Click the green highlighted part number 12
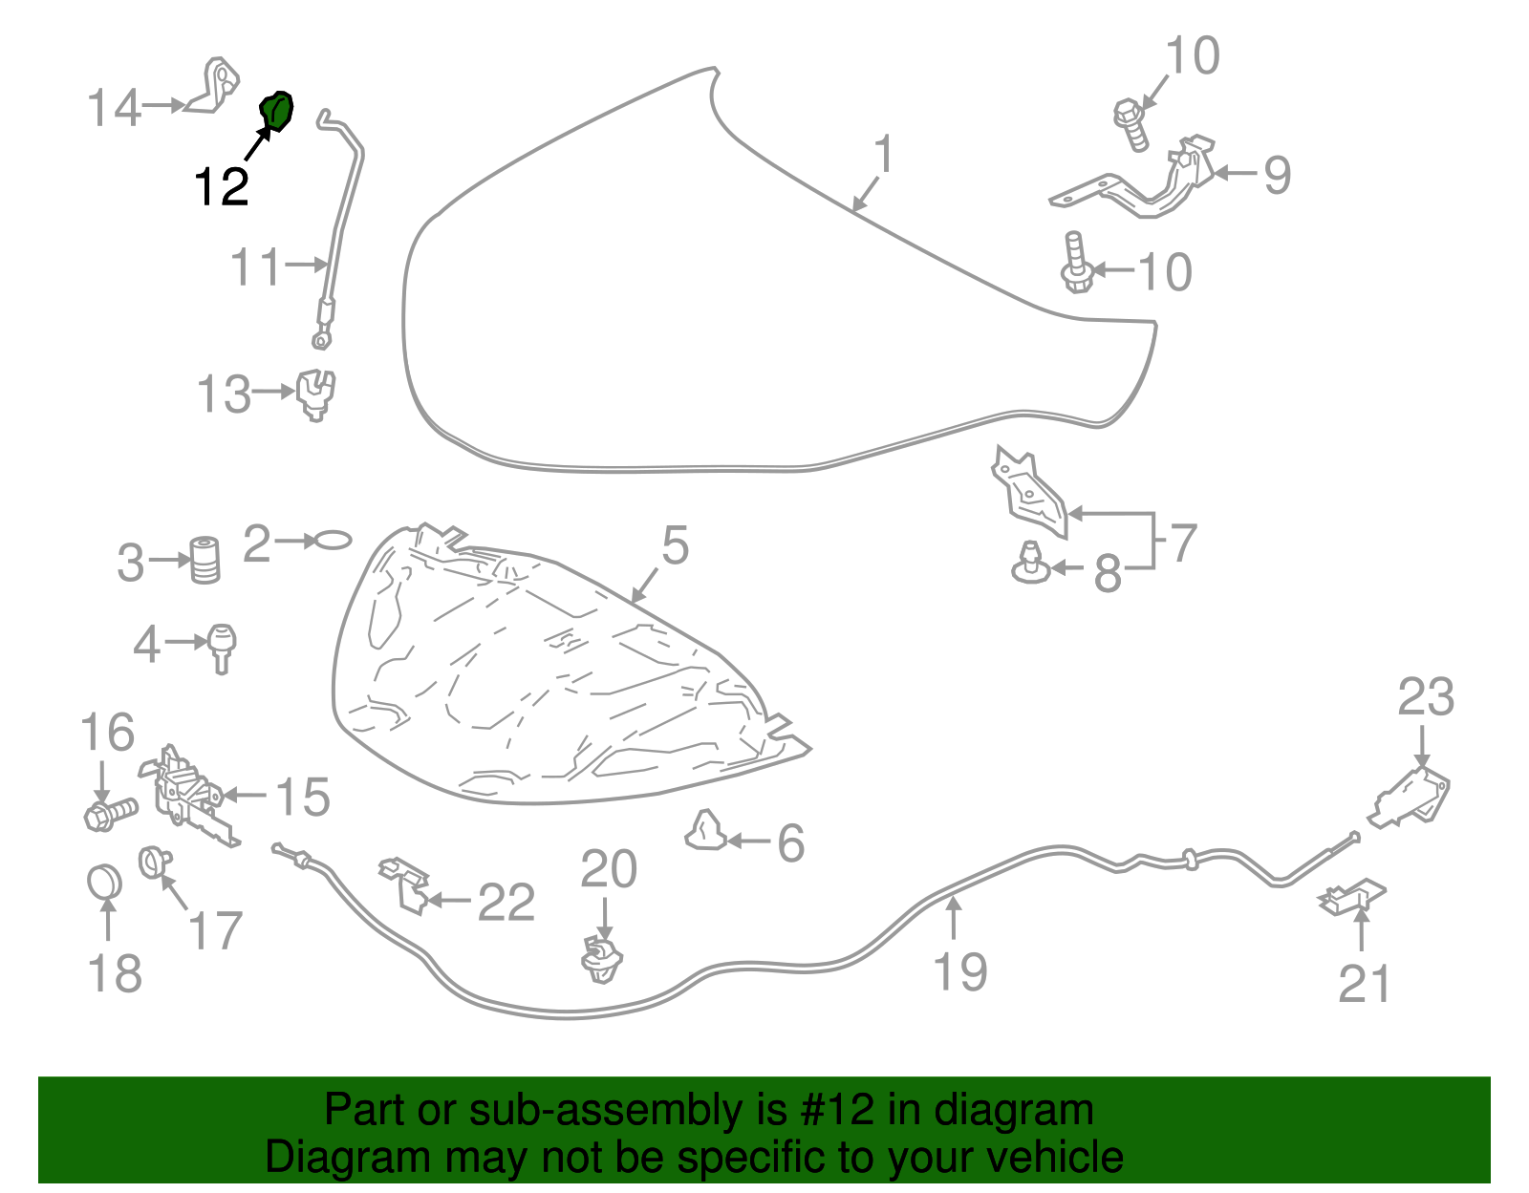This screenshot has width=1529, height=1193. click(x=277, y=111)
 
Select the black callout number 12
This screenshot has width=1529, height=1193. click(x=222, y=185)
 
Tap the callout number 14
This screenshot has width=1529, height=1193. click(x=115, y=107)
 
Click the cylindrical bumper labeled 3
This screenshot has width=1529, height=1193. click(x=205, y=560)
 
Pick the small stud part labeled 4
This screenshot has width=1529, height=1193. click(x=222, y=647)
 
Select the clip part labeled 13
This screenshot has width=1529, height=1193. click(x=315, y=394)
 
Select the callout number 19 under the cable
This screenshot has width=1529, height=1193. click(x=959, y=971)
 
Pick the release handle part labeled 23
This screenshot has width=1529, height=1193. click(x=1412, y=794)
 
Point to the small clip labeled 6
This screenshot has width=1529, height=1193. click(x=706, y=831)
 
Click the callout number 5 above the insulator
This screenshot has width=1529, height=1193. click(x=675, y=545)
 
